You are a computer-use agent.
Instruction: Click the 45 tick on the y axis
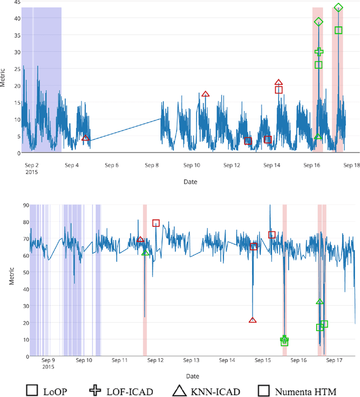point(17,2)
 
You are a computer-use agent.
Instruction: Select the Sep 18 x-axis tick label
point(352,166)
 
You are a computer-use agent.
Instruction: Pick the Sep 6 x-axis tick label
point(112,166)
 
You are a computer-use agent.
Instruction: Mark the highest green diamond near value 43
point(338,8)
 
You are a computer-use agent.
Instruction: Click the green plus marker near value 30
point(319,52)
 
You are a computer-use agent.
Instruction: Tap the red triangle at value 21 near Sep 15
point(253,320)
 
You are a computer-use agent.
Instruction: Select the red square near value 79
point(156,223)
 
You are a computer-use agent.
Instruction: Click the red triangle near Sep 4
point(85,138)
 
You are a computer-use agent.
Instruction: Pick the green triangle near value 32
point(319,302)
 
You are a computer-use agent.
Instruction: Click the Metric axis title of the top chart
point(4,78)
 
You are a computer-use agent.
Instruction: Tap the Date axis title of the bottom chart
point(191,376)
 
